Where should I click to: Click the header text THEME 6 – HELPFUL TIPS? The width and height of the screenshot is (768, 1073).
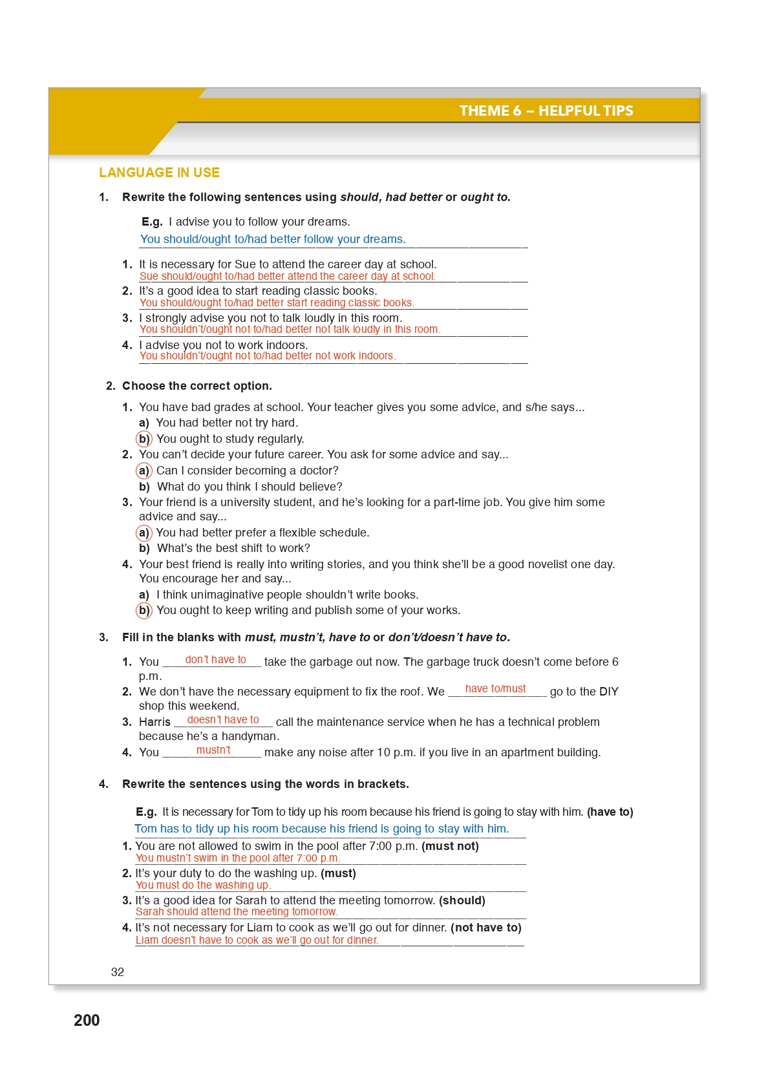[x=546, y=111]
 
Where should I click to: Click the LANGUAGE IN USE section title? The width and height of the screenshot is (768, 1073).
[x=159, y=173]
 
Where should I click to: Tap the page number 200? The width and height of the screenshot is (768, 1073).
[x=87, y=1020]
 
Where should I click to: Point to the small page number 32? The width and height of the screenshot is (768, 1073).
[x=118, y=972]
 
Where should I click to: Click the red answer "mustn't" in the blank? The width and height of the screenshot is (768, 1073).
[x=213, y=750]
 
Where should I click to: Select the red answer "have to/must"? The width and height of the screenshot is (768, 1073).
[x=495, y=688]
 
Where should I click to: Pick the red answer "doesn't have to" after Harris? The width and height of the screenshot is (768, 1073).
[x=223, y=719]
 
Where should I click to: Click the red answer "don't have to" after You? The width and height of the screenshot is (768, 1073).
[x=215, y=659]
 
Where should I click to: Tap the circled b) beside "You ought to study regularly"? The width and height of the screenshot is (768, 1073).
[x=144, y=439]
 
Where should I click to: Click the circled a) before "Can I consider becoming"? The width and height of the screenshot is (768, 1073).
[x=144, y=471]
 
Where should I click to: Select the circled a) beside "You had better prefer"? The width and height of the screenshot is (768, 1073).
[x=144, y=533]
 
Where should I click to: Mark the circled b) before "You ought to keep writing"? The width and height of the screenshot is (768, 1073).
[x=144, y=610]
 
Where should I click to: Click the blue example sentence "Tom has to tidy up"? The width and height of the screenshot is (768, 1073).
[x=321, y=829]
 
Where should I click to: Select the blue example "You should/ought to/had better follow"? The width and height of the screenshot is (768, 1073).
[x=273, y=239]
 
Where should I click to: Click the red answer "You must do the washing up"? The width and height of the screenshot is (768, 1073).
[x=203, y=885]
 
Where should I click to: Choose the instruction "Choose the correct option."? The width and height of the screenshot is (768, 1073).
[x=197, y=386]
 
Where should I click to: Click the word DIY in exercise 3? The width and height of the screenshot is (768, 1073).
[x=608, y=692]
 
